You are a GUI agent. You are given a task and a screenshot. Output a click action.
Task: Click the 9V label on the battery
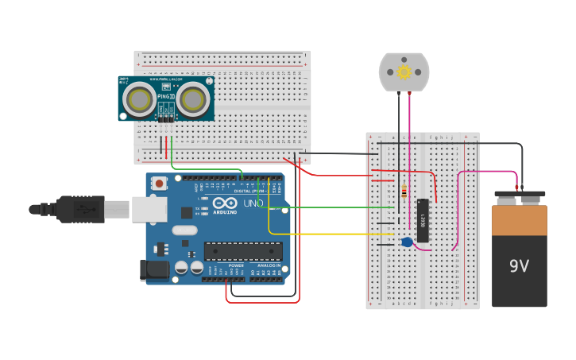coord(519,266)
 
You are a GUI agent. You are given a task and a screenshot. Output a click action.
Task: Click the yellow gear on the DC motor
coord(404,72)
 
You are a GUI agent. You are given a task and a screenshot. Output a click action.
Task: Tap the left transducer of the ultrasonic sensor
coord(141,99)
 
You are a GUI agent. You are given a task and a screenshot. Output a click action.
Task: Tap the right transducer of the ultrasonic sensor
coord(192,99)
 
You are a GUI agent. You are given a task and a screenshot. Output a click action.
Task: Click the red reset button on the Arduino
coord(160,184)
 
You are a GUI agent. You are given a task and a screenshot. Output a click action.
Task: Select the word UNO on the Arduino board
coord(253,203)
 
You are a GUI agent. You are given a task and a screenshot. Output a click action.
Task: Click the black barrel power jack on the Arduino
coord(155,270)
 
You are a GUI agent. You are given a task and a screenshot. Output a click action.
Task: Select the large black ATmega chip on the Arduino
coord(243,251)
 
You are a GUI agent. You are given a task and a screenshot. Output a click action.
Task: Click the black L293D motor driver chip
coord(423,220)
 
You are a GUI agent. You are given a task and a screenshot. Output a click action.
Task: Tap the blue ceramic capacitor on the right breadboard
coord(407,242)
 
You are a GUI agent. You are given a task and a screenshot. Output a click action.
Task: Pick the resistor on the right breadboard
coord(404,192)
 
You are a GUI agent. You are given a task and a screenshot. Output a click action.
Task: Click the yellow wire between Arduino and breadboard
coord(334,234)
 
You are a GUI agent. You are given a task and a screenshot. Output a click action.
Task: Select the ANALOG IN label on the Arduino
coord(267,265)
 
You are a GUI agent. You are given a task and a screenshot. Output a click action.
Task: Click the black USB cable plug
coord(79,209)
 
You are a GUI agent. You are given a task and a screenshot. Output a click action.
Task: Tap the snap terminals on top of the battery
coord(520,193)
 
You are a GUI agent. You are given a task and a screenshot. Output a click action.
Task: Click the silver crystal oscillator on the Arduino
coord(184,230)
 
